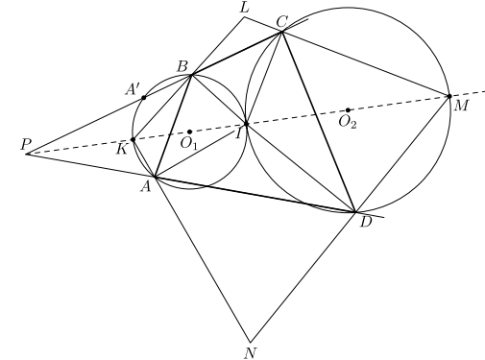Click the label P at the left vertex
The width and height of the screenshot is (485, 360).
point(25,144)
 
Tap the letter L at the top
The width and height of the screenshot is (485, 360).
point(245,8)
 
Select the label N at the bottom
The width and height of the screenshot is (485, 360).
point(251,353)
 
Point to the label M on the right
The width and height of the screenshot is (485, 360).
point(461,106)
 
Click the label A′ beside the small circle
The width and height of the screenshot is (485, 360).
point(132,89)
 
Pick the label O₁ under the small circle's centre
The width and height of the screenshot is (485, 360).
point(188,144)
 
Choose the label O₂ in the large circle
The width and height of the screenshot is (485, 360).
point(348,122)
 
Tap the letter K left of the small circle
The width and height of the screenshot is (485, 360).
point(122,149)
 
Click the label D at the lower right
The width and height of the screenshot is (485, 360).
point(366,222)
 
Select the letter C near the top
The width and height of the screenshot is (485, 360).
point(282,22)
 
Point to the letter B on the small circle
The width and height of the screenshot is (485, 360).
point(182,67)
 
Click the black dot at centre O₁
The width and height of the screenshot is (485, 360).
point(189,132)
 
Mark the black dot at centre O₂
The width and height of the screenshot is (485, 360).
point(348,110)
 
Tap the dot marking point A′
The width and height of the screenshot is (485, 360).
point(144,98)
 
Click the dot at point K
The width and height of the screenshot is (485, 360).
point(133,140)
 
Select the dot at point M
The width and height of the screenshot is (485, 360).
point(449,96)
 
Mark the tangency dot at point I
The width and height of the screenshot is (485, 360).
point(246,124)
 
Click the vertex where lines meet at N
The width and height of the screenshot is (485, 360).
point(250,342)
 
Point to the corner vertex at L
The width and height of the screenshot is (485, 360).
point(245,17)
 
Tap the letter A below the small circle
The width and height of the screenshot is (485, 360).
point(146,186)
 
